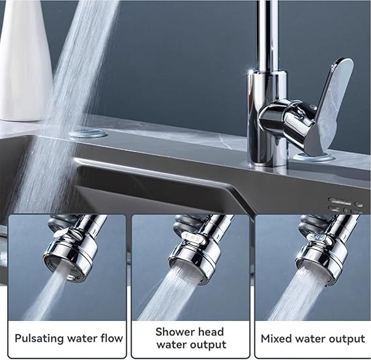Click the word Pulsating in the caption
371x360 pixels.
[x=39, y=338]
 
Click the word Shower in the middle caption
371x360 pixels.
[x=174, y=332]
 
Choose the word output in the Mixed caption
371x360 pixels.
[x=348, y=339]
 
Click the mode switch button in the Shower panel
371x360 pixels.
[x=193, y=237]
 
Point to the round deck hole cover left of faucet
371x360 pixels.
[x=88, y=134]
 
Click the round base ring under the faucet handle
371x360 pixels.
[x=314, y=157]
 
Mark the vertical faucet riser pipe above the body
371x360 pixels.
[x=267, y=35]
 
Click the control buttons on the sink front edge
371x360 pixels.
[x=346, y=205]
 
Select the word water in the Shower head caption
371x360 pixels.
[x=170, y=344]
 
